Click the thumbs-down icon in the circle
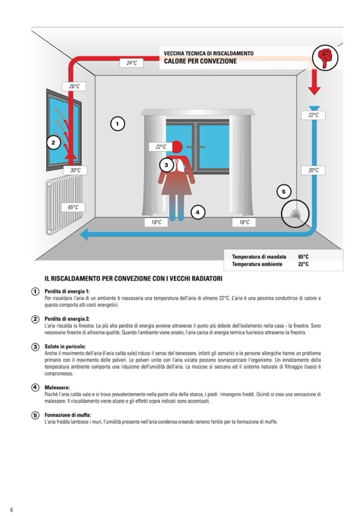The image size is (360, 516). point(325,58)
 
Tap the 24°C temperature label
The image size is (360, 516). point(131,63)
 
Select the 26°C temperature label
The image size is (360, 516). point(74,86)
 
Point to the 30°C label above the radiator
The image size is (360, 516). point(75,170)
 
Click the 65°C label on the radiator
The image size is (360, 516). point(73,207)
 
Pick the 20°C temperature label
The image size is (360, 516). point(313,170)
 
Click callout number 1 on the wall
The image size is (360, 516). point(117,124)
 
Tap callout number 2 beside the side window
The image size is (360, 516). point(53,143)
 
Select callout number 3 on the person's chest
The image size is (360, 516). point(166,165)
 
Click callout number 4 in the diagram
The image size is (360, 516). point(197,213)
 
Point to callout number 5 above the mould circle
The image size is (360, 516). point(284,191)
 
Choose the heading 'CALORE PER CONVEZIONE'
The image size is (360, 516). point(200,61)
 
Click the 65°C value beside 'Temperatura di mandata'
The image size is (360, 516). point(303,257)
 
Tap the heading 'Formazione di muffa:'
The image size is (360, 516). point(67,415)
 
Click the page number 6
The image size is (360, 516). point(11,510)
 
